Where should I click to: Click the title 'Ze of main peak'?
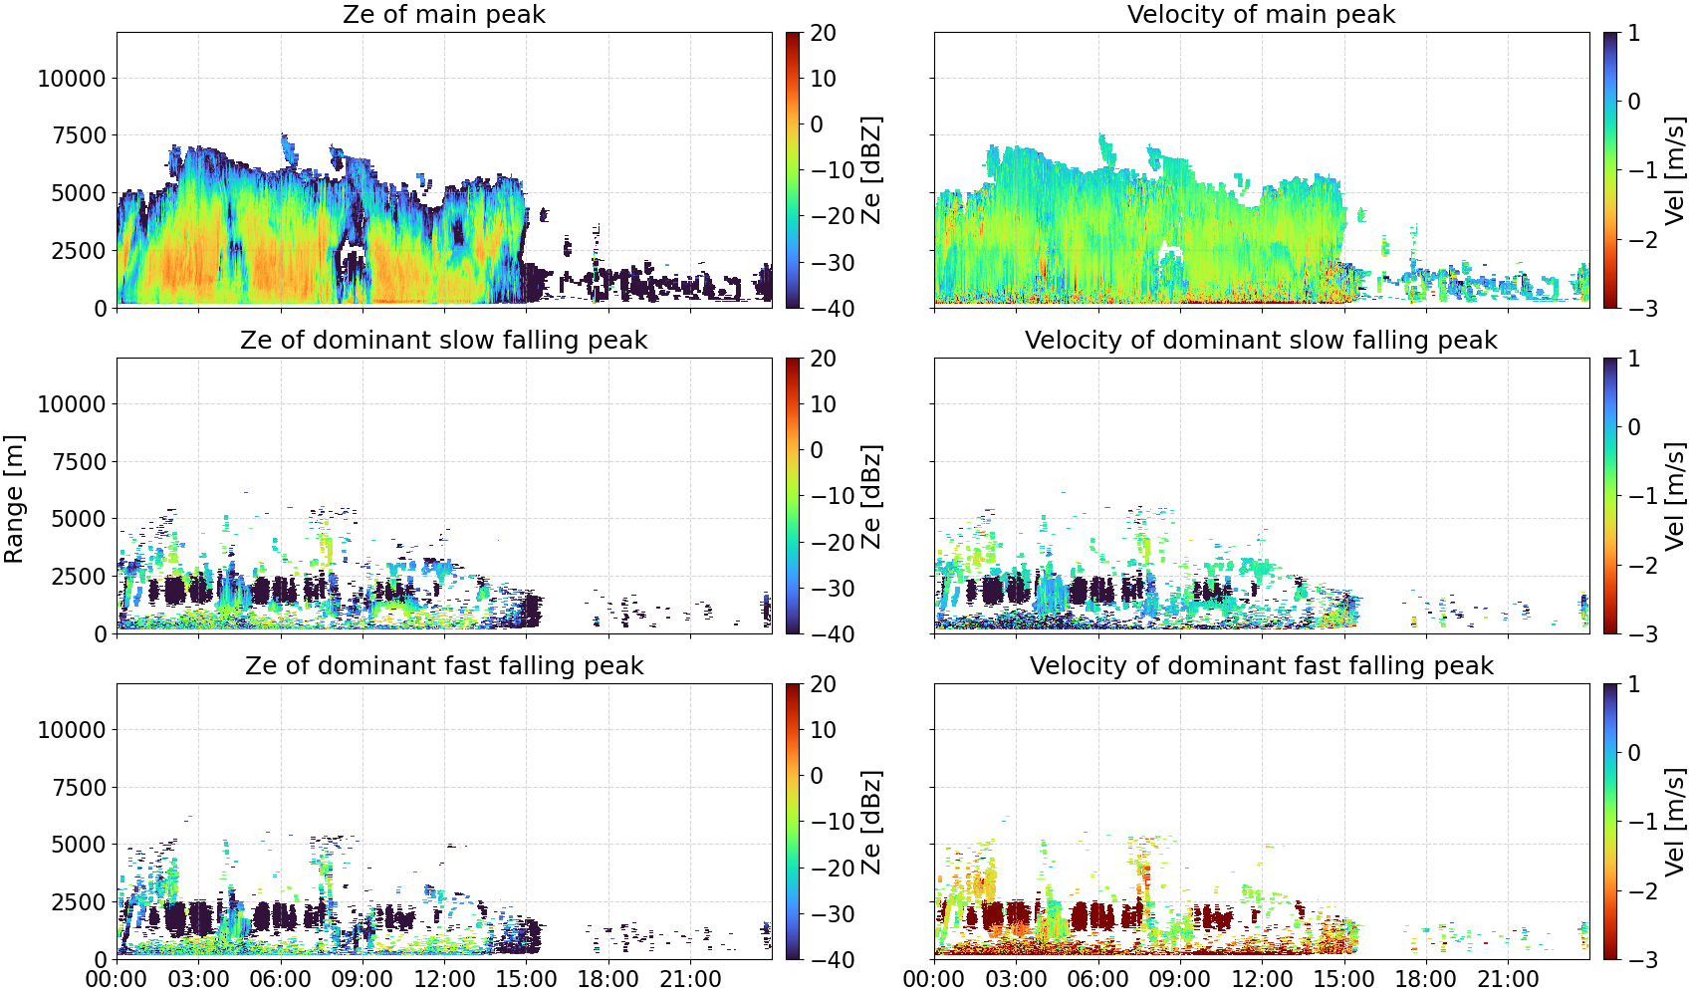tap(443, 14)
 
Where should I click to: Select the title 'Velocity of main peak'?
tap(1262, 14)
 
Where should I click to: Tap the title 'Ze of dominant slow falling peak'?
tap(443, 340)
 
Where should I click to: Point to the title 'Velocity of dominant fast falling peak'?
tap(1262, 665)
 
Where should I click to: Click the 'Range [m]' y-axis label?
tap(14, 499)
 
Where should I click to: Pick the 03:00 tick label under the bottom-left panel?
tap(199, 979)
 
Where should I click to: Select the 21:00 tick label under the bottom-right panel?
tap(1508, 979)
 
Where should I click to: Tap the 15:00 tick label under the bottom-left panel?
tap(526, 979)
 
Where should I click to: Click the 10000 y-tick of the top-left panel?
tap(72, 78)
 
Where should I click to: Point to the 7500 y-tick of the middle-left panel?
tap(80, 461)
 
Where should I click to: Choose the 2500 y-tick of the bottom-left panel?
tap(80, 901)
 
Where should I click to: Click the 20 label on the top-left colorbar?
tap(823, 33)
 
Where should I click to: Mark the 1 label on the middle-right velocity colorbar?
tap(1633, 359)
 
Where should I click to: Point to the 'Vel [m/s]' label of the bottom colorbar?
tap(1674, 822)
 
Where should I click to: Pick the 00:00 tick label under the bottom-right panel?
tap(934, 979)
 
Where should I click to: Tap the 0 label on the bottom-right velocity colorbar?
tap(1633, 753)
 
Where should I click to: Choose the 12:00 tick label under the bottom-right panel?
tap(1262, 979)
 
